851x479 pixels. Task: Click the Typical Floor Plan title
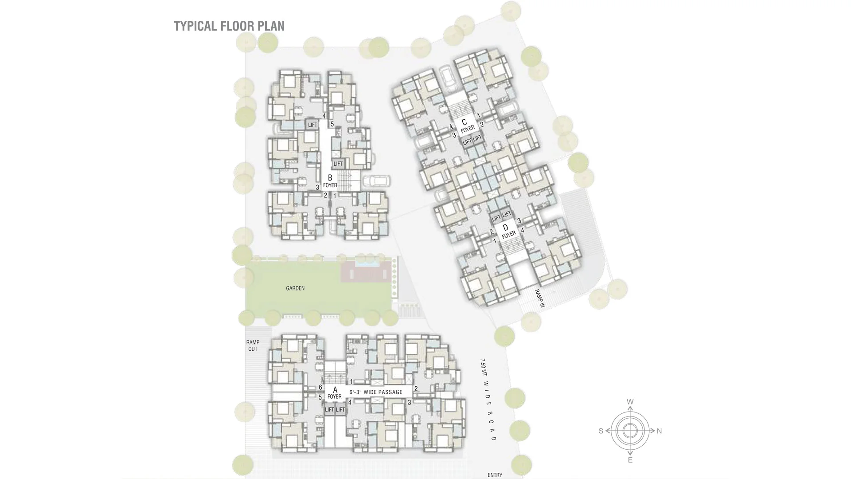[x=229, y=26]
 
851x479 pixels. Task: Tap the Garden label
[x=295, y=288]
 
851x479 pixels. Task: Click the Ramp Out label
[x=253, y=346]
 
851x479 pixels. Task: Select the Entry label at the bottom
[x=495, y=475]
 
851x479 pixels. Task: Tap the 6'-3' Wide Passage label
[x=376, y=392]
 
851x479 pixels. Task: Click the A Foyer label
[x=335, y=393]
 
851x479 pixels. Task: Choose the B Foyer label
[x=330, y=181]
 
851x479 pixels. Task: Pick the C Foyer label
[x=467, y=125]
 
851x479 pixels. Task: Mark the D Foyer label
[x=508, y=231]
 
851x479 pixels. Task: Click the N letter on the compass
[x=660, y=431]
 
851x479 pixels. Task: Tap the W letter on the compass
[x=630, y=402]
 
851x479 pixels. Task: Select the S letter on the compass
[x=601, y=431]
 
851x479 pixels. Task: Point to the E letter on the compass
[x=630, y=460]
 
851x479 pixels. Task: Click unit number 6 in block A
[x=320, y=387]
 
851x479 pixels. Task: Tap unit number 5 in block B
[x=332, y=124]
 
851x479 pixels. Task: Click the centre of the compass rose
[x=630, y=431]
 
